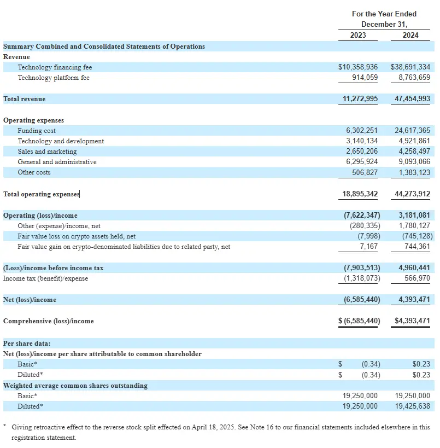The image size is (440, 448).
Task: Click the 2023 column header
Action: tap(358, 35)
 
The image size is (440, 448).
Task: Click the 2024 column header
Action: tap(410, 35)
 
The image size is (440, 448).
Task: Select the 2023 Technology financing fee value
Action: tap(358, 67)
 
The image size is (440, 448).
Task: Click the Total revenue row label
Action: tap(25, 99)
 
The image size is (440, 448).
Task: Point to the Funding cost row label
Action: tap(37, 131)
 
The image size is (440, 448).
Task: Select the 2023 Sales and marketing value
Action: tap(361, 152)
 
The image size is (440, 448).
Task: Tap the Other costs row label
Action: tap(34, 172)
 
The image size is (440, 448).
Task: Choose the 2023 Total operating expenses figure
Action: tap(359, 194)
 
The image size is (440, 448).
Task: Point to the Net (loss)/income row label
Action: tap(30, 300)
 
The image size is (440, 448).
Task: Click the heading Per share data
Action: tap(27, 344)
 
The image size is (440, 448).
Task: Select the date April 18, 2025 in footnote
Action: tap(250, 427)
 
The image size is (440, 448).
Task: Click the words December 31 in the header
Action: tap(384, 25)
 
